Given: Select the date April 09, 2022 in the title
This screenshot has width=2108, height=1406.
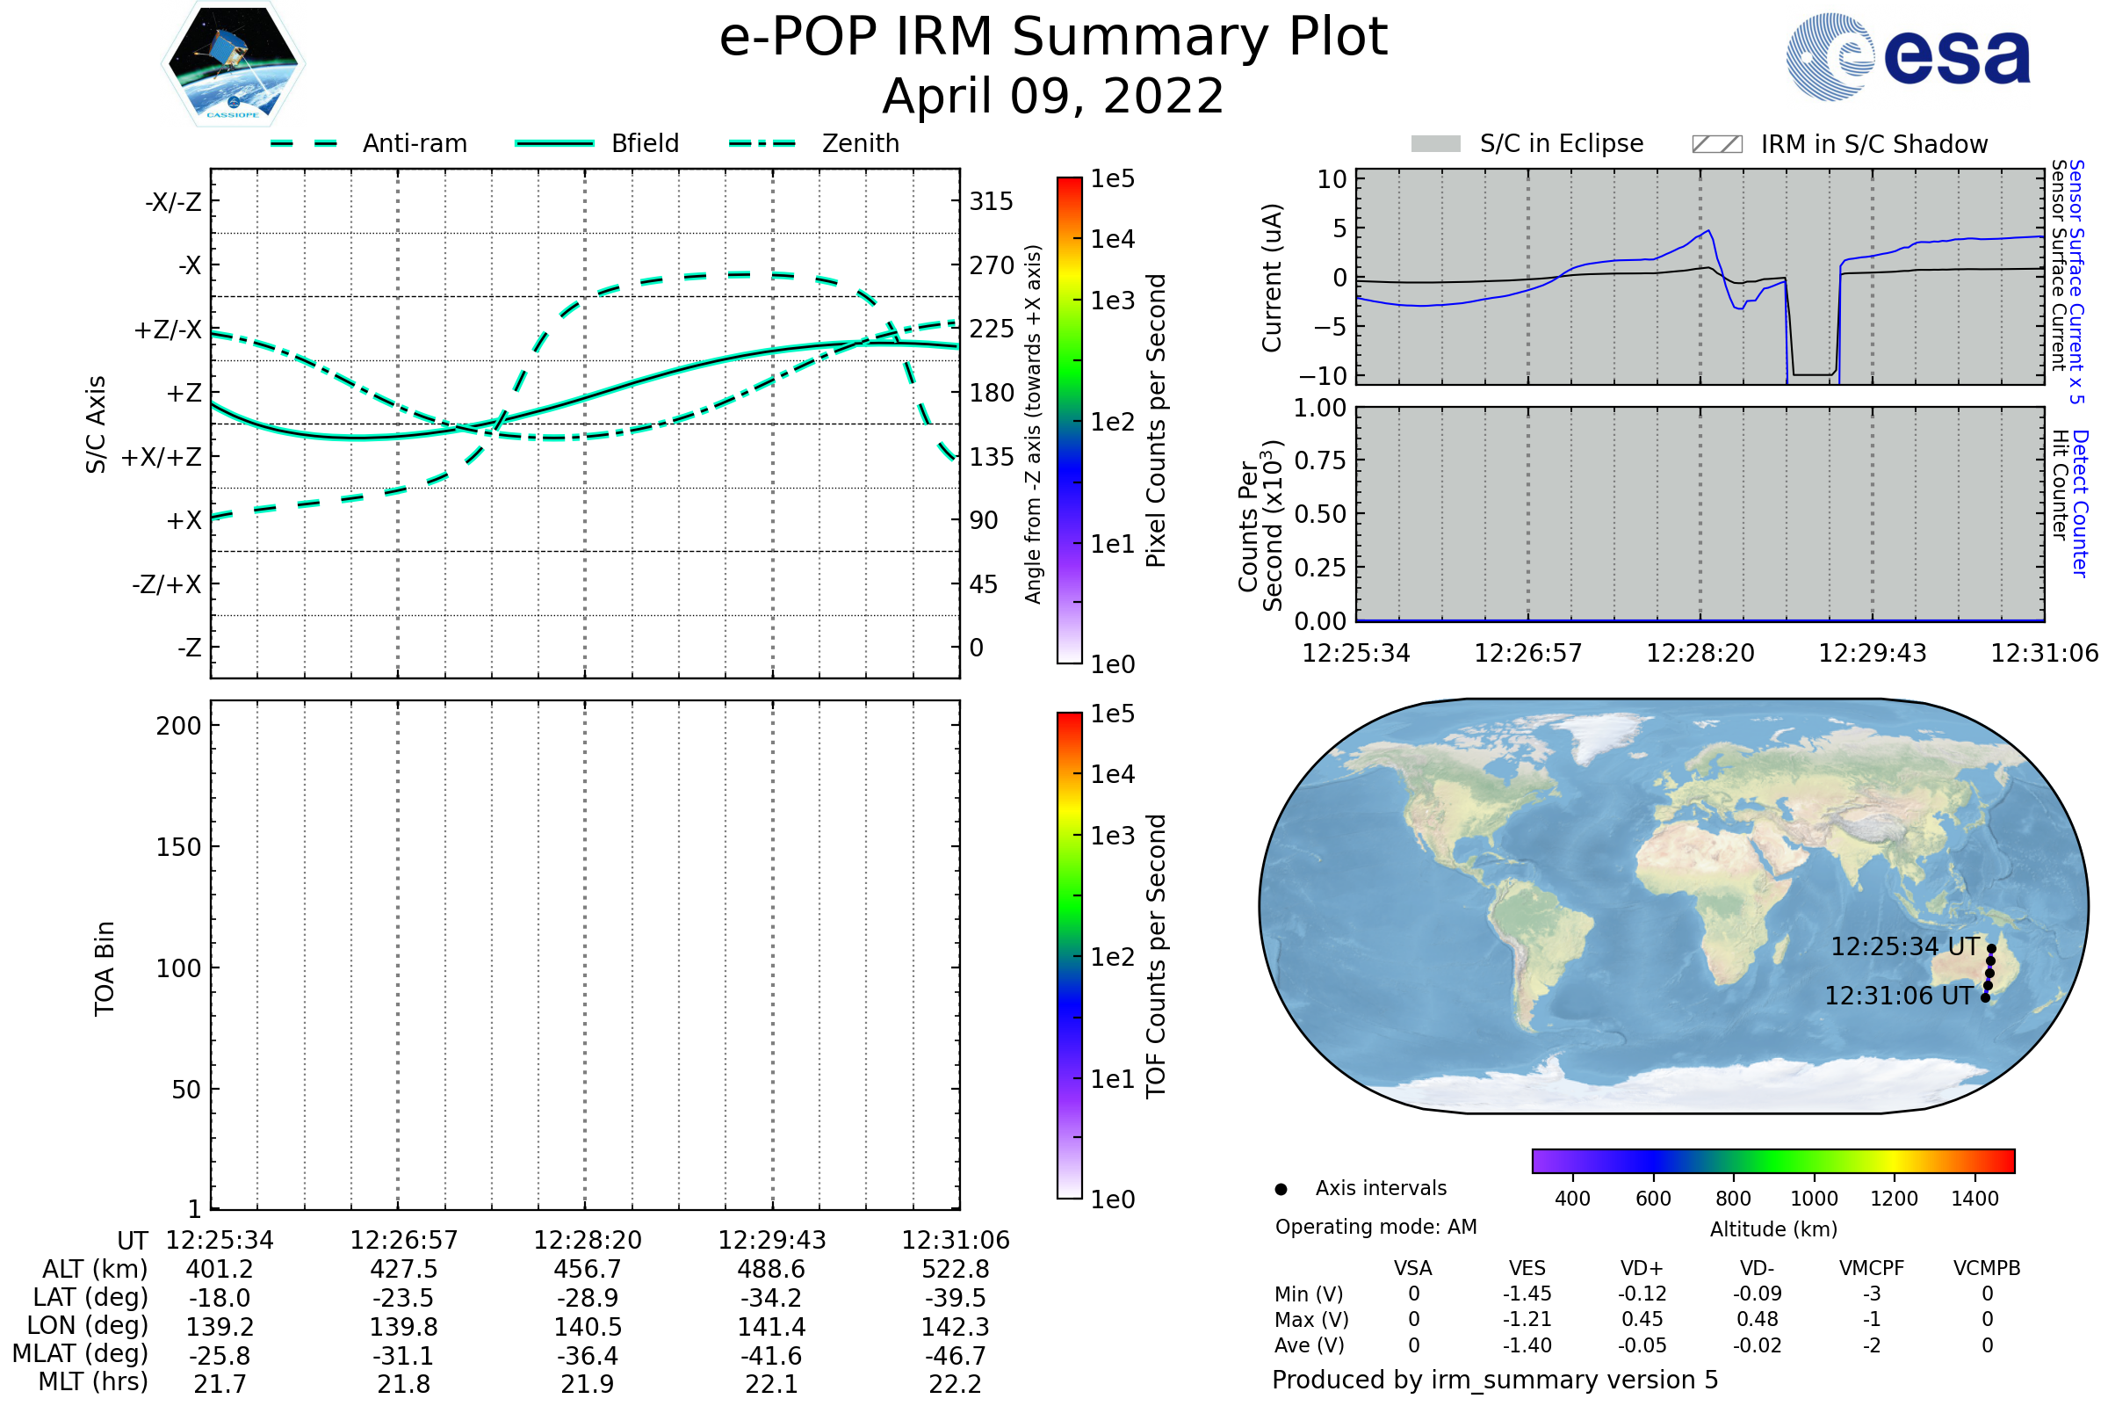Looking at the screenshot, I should [x=1053, y=96].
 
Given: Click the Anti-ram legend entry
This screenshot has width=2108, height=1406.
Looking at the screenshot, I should [x=414, y=143].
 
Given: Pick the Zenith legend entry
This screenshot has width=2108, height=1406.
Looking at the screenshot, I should [x=861, y=143].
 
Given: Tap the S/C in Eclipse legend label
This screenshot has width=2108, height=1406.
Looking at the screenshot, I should [x=1561, y=143].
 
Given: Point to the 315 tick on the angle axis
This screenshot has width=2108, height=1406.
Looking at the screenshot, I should [x=991, y=202].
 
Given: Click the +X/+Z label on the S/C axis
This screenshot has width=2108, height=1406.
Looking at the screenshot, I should [x=162, y=457].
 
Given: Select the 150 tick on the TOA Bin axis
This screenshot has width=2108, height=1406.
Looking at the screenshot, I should [x=178, y=847].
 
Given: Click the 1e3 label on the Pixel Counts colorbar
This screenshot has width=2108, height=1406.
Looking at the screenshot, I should [x=1112, y=301].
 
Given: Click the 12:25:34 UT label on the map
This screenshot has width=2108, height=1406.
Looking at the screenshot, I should [x=1903, y=947].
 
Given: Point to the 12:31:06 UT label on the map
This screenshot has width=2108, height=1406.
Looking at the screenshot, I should [x=1898, y=997].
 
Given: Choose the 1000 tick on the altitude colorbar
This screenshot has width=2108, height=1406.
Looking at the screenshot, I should [x=1813, y=1199].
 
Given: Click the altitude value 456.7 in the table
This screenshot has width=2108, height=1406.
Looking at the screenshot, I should [x=587, y=1270].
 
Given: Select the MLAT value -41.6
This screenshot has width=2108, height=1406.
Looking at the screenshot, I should [x=771, y=1356].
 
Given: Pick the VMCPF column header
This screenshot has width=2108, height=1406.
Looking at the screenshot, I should [x=1872, y=1269].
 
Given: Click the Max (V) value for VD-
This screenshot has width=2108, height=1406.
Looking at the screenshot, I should [x=1757, y=1320].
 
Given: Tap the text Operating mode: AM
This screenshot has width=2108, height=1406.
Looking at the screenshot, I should [x=1375, y=1227].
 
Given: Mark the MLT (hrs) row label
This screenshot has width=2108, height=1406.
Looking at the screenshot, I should [x=92, y=1381].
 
